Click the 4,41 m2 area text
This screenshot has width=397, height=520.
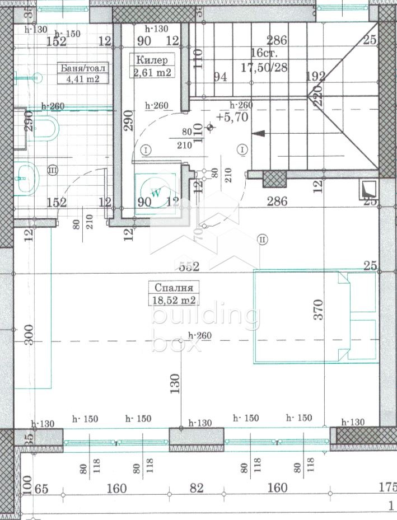83,79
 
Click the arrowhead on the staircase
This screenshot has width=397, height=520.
258,133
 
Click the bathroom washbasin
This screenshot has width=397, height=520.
23,177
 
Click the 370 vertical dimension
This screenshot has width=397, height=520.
317,310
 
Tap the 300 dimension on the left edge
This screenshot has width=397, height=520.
30,334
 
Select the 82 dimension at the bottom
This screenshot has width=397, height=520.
196,488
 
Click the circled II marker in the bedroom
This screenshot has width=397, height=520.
261,240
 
